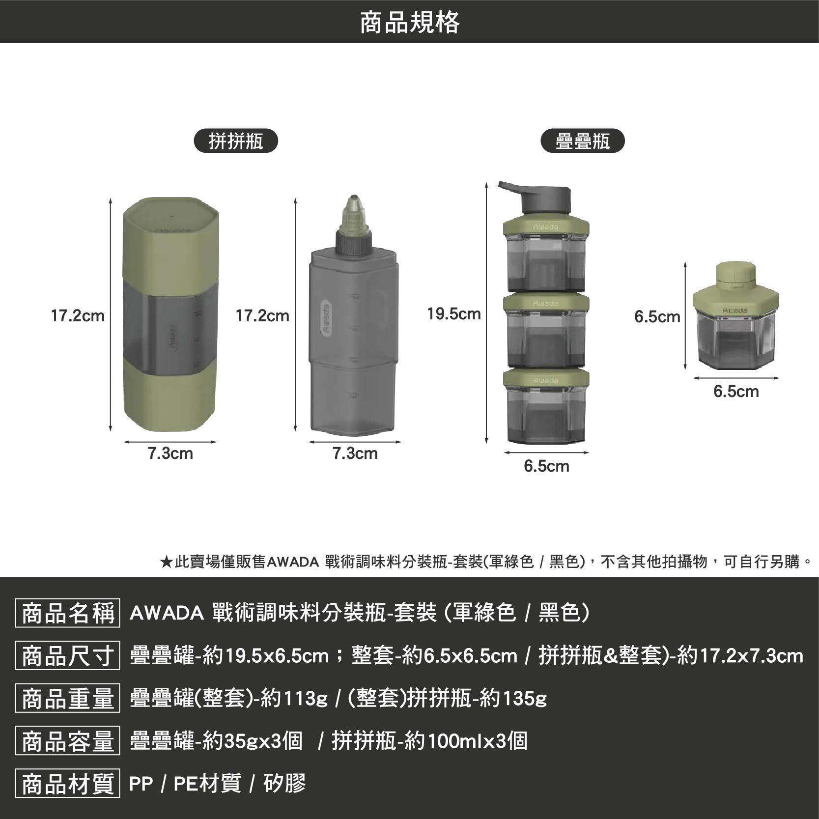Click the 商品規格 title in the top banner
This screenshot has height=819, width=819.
coord(409,22)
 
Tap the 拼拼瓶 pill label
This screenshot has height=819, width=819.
coord(236,141)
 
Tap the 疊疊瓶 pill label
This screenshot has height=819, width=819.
coord(582,141)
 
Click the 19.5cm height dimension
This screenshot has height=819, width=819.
coord(453,314)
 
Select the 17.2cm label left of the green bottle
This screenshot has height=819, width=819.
coord(78,316)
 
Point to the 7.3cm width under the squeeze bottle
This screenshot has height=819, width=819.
coord(355,453)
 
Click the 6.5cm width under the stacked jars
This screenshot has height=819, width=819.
coord(546,466)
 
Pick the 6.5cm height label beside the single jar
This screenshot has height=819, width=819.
coord(657,317)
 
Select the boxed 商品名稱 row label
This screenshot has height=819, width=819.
coord(67,614)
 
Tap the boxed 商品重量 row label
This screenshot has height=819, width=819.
coord(67,698)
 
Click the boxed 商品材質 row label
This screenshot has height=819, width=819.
coord(67,783)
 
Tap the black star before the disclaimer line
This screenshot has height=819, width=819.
coord(166,562)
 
